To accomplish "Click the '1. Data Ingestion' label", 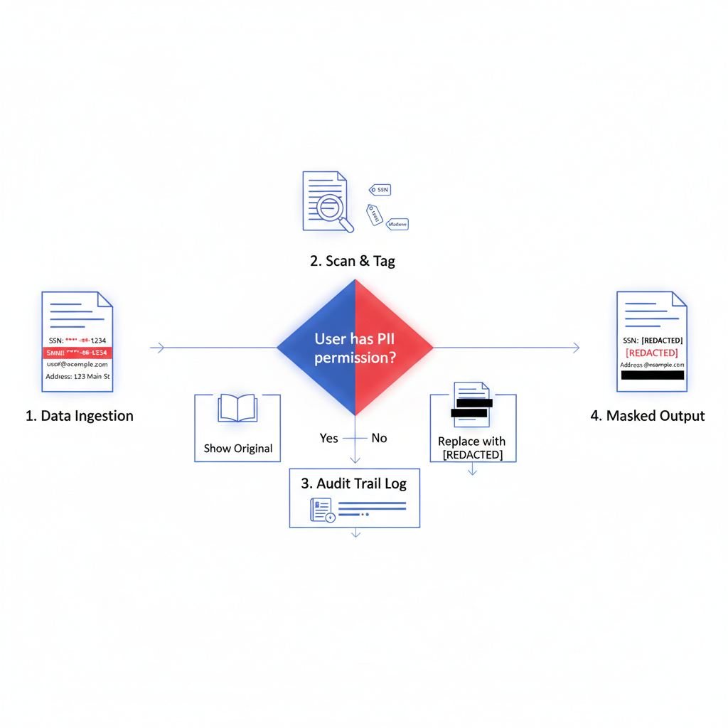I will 79,416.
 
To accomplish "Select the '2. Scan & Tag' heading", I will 353,261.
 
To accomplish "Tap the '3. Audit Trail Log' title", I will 353,483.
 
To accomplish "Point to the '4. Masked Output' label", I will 648,416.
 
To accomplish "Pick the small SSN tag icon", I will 380,190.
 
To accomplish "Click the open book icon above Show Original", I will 237,409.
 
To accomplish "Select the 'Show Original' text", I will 237,449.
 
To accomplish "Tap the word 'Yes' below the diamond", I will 329,438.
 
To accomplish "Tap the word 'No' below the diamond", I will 379,438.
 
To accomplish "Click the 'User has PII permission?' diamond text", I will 355,348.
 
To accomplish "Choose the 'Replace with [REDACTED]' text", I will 472,448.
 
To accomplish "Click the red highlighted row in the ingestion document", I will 77,352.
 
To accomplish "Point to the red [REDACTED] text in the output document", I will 651,353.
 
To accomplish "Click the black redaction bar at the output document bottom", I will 652,375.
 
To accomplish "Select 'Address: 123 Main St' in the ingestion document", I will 77,377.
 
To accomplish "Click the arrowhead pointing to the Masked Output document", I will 575,348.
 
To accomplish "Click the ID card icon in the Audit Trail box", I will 321,509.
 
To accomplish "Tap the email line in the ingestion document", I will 77,364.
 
